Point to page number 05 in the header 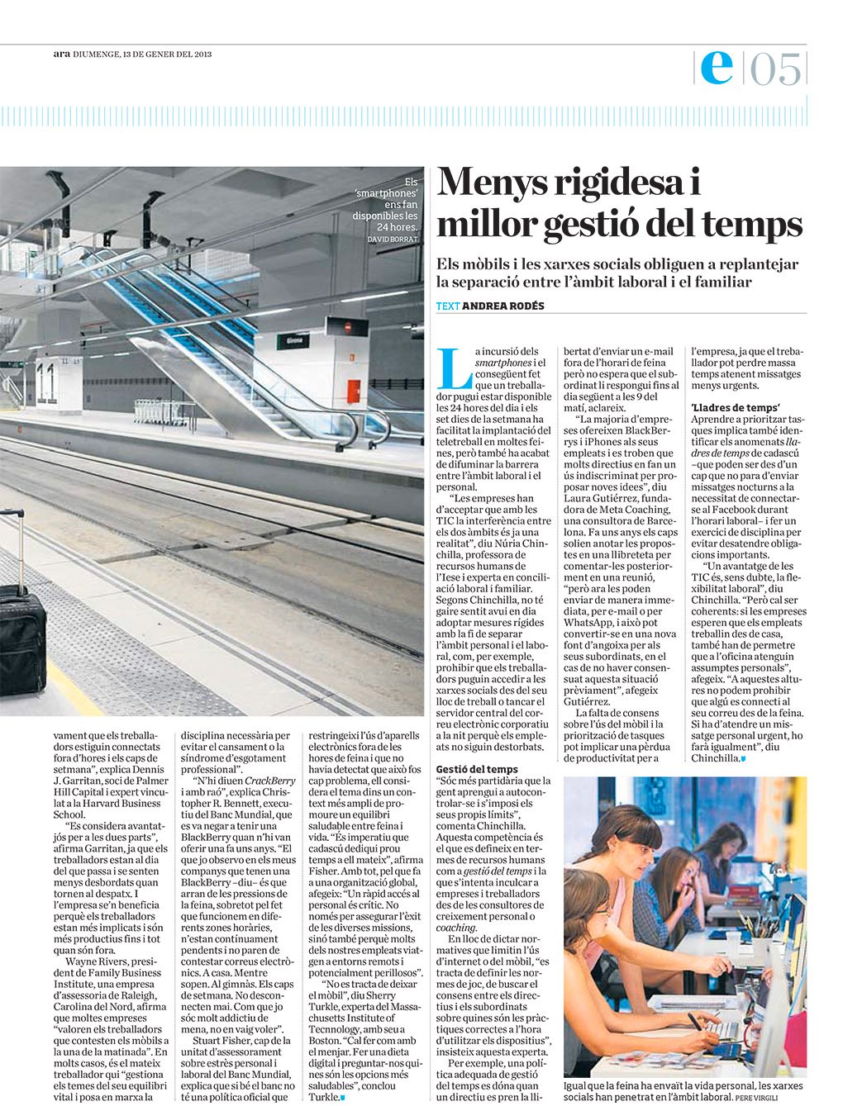(776, 69)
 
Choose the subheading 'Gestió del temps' (477, 769)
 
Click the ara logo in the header (60, 54)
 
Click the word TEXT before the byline (447, 306)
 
